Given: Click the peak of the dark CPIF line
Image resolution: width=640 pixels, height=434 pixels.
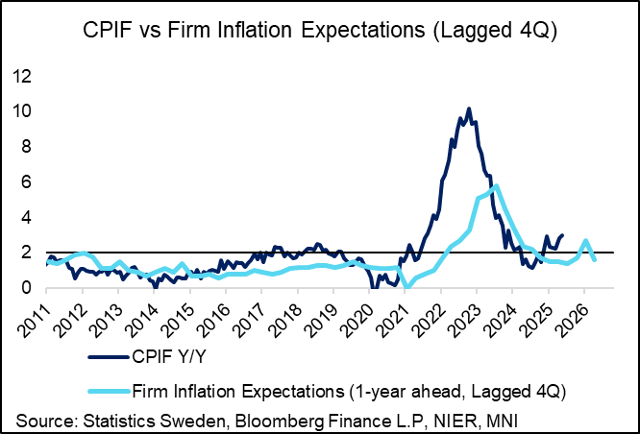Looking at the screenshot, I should [468, 108].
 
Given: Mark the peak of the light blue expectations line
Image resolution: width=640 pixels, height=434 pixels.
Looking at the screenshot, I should [495, 186].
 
